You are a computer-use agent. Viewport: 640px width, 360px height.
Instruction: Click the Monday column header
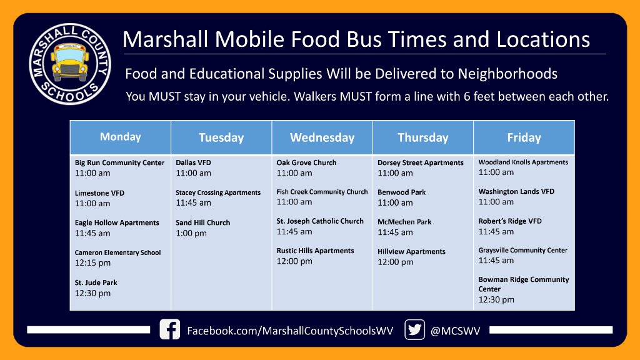pyautogui.click(x=120, y=137)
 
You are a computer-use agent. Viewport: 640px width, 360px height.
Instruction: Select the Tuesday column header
pyautogui.click(x=221, y=137)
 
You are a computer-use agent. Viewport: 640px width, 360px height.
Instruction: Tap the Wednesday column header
pyautogui.click(x=322, y=137)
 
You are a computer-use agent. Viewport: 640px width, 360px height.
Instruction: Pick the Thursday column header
pyautogui.click(x=423, y=137)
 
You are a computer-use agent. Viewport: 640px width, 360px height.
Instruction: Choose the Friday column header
pyautogui.click(x=524, y=137)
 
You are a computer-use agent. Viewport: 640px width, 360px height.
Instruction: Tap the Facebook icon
pyautogui.click(x=169, y=329)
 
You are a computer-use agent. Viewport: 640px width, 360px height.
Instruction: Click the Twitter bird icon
pyautogui.click(x=414, y=329)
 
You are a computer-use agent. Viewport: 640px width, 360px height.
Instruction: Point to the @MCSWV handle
pyautogui.click(x=456, y=331)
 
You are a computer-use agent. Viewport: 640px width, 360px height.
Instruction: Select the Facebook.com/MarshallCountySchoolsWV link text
pyautogui.click(x=290, y=331)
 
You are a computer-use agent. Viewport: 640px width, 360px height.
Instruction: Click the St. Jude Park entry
pyautogui.click(x=96, y=282)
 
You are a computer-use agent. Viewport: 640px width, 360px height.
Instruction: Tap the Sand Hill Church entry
pyautogui.click(x=202, y=222)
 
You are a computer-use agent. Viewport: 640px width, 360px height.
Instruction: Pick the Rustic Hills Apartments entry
pyautogui.click(x=315, y=251)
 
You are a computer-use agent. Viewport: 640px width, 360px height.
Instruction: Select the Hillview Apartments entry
pyautogui.click(x=411, y=251)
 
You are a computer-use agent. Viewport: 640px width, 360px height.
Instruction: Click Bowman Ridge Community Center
pyautogui.click(x=524, y=284)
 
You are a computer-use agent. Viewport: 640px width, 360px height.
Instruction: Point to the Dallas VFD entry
pyautogui.click(x=194, y=162)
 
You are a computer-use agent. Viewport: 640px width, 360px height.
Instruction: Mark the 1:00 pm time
pyautogui.click(x=191, y=233)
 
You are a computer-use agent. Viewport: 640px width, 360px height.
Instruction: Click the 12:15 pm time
pyautogui.click(x=92, y=263)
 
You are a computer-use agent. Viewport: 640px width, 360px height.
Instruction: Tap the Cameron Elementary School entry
pyautogui.click(x=117, y=252)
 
